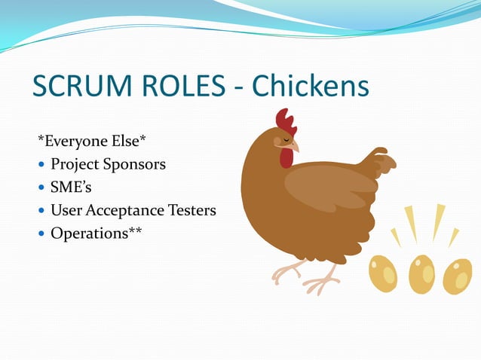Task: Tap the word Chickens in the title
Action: tap(310, 87)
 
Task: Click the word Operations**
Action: tap(96, 233)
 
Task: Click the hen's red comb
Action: tap(285, 120)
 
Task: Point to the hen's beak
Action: tap(294, 145)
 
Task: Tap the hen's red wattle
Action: tap(286, 157)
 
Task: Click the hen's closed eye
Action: tap(277, 140)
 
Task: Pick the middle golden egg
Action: tap(421, 274)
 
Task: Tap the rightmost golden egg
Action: tap(457, 276)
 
